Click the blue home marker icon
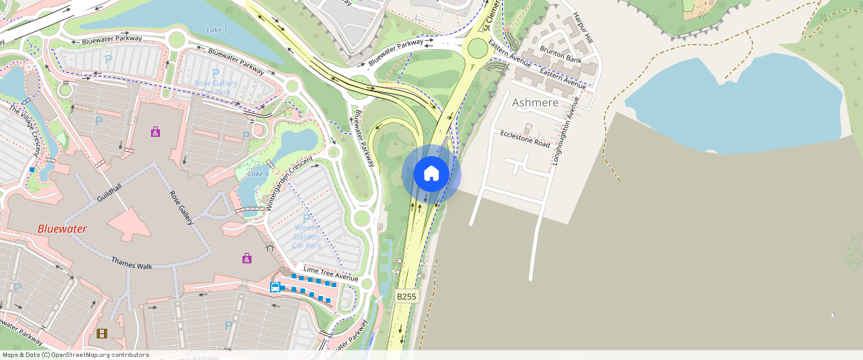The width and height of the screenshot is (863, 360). [431, 175]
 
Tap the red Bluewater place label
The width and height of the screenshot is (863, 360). [62, 229]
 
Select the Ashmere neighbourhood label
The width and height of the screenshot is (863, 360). [535, 102]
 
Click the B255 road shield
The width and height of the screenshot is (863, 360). [407, 296]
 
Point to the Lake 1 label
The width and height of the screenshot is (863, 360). [216, 29]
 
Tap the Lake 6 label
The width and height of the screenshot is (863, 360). [257, 174]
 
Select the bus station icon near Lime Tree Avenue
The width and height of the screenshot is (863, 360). [275, 287]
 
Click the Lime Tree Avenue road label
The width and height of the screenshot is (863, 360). [330, 274]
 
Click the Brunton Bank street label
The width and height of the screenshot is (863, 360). [560, 58]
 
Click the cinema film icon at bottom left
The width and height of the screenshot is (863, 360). [102, 334]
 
